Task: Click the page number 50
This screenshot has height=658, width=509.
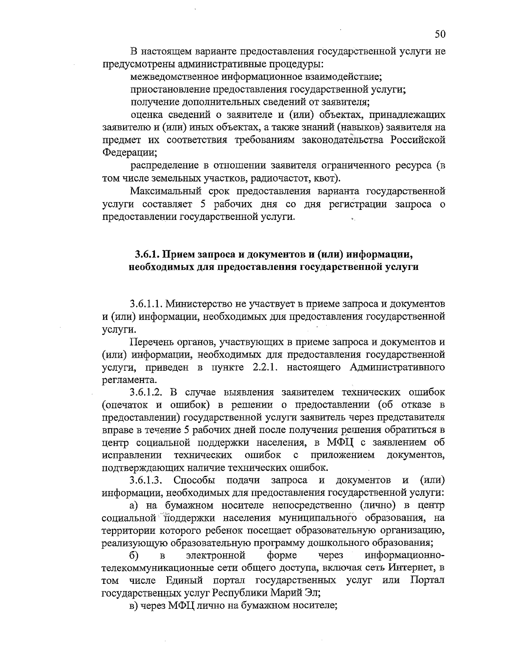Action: click(x=440, y=34)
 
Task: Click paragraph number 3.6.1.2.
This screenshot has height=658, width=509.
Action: click(x=146, y=391)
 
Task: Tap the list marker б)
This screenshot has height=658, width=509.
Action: click(x=134, y=555)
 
